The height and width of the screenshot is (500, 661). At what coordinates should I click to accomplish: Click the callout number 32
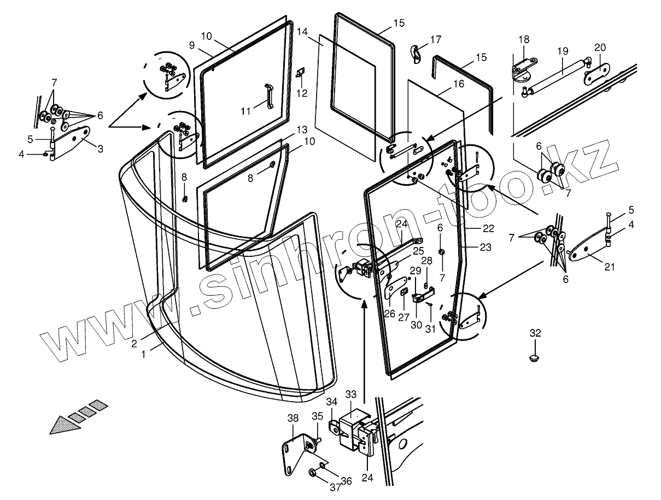click(x=535, y=333)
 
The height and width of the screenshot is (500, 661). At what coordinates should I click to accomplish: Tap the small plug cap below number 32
click(x=535, y=357)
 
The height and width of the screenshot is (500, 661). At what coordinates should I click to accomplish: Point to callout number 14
click(x=303, y=32)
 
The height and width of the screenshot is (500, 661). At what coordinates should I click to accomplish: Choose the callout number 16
click(x=458, y=84)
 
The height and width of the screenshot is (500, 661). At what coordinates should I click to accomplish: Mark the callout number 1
click(x=143, y=354)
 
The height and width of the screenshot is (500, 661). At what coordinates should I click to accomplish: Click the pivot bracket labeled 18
click(x=522, y=70)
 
